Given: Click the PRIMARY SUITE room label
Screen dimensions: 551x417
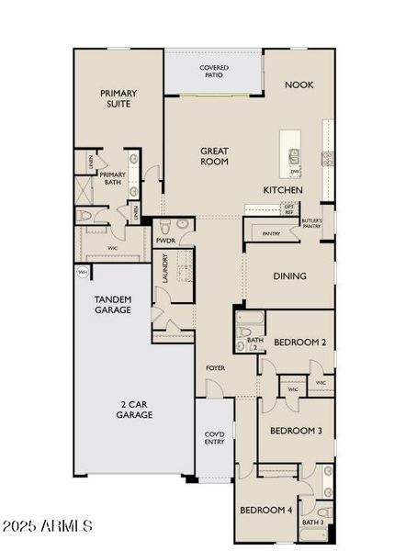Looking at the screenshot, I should (118, 98).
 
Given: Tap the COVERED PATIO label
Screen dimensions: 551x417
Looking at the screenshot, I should (214, 73).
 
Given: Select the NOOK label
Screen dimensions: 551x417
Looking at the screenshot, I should (299, 84).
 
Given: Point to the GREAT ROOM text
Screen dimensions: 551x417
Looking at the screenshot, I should (214, 156).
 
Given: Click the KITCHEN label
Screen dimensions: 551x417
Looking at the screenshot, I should (283, 190).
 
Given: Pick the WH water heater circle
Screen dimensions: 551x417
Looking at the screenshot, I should (83, 273).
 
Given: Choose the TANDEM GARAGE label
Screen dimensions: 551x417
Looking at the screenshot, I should (113, 305).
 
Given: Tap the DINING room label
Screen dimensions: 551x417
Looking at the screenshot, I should (289, 276).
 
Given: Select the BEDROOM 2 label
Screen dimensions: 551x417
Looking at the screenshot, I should (302, 343).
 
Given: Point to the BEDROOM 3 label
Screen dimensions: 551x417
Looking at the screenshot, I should (295, 430).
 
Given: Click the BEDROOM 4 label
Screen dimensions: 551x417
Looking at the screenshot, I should (266, 511).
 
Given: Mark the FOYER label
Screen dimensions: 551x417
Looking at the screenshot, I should (216, 368).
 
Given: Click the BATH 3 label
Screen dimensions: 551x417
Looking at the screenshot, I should (311, 523).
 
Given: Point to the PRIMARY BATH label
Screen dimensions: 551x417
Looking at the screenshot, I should (113, 178).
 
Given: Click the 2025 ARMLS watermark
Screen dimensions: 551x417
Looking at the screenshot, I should (48, 526).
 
